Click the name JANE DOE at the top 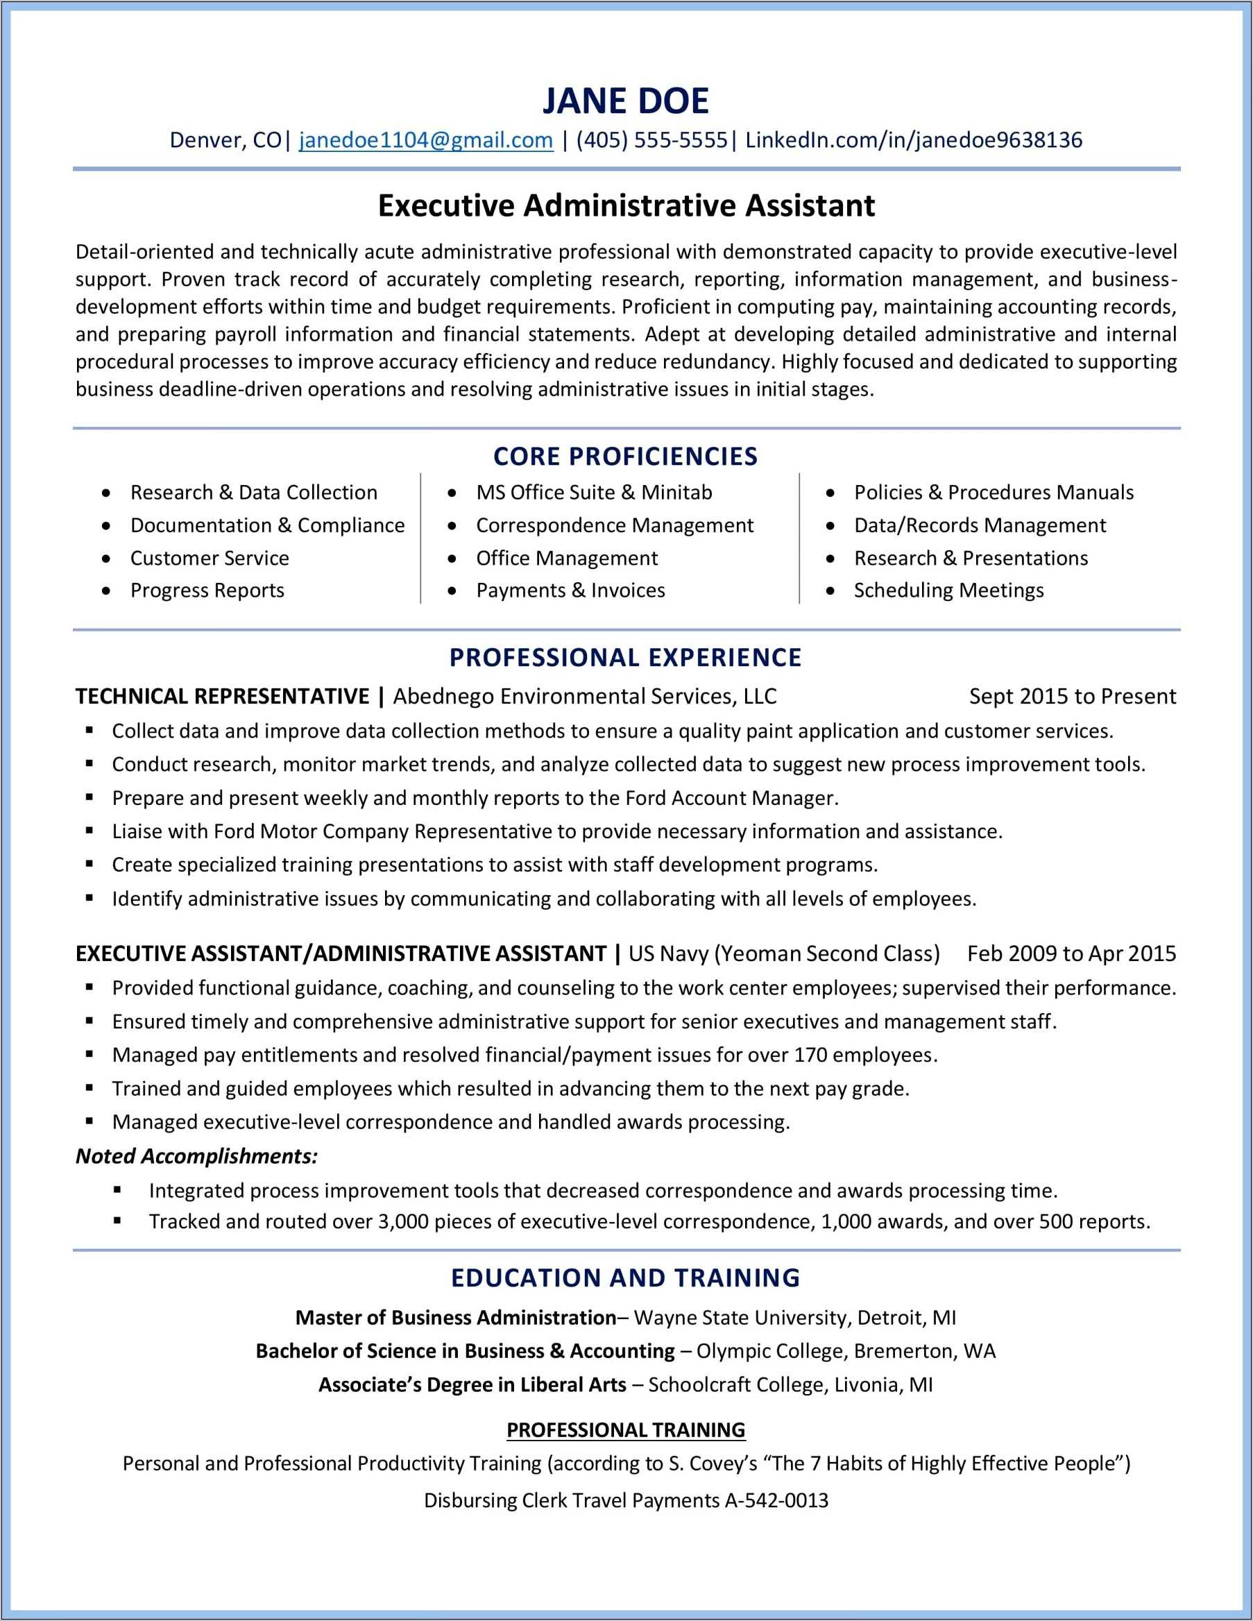coord(626,101)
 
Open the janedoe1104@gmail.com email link coord(426,140)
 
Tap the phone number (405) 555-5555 coord(651,140)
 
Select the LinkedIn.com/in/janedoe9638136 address coord(914,140)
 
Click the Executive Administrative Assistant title coord(626,206)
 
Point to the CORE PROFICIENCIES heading coord(626,457)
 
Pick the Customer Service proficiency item coord(210,558)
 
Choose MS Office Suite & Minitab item coord(594,493)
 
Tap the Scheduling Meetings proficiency coord(948,591)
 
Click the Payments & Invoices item coord(570,591)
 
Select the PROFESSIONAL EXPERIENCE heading coord(626,658)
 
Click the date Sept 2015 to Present coord(1073,696)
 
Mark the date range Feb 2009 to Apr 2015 coord(1071,953)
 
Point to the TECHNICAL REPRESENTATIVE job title coord(223,696)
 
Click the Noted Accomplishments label coord(197,1156)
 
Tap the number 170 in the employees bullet coord(810,1055)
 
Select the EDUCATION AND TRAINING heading coord(626,1278)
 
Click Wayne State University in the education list coord(742,1318)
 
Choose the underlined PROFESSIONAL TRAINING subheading coord(626,1429)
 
